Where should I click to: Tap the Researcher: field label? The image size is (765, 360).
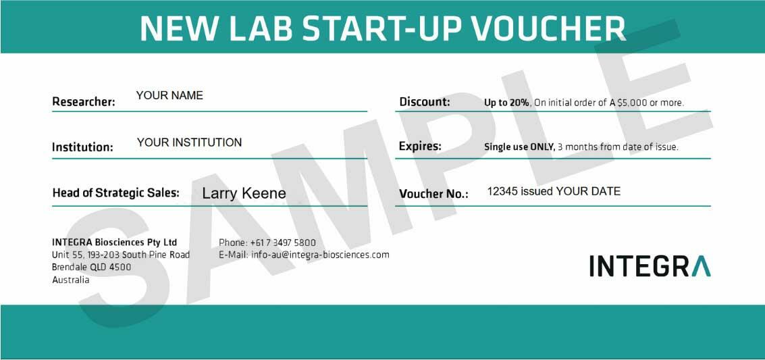point(84,102)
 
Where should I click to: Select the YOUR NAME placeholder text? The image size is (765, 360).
point(169,96)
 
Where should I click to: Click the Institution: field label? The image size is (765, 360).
point(82,147)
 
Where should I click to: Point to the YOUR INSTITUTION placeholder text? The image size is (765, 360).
point(189,143)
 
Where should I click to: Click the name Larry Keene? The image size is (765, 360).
point(244,194)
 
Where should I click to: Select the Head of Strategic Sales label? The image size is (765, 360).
point(115,193)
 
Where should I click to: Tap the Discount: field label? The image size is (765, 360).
point(425,102)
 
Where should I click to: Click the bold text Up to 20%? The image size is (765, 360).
point(506,103)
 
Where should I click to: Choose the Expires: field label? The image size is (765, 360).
point(420,146)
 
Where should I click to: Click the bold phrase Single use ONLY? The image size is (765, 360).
point(519,147)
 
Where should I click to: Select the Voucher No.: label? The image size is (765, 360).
point(433,195)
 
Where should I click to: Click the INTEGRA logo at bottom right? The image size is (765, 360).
point(650,266)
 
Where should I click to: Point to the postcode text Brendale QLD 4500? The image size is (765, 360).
point(92,267)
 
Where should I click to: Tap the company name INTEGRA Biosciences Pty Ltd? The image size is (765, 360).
point(114,242)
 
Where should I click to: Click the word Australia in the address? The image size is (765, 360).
point(71,280)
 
